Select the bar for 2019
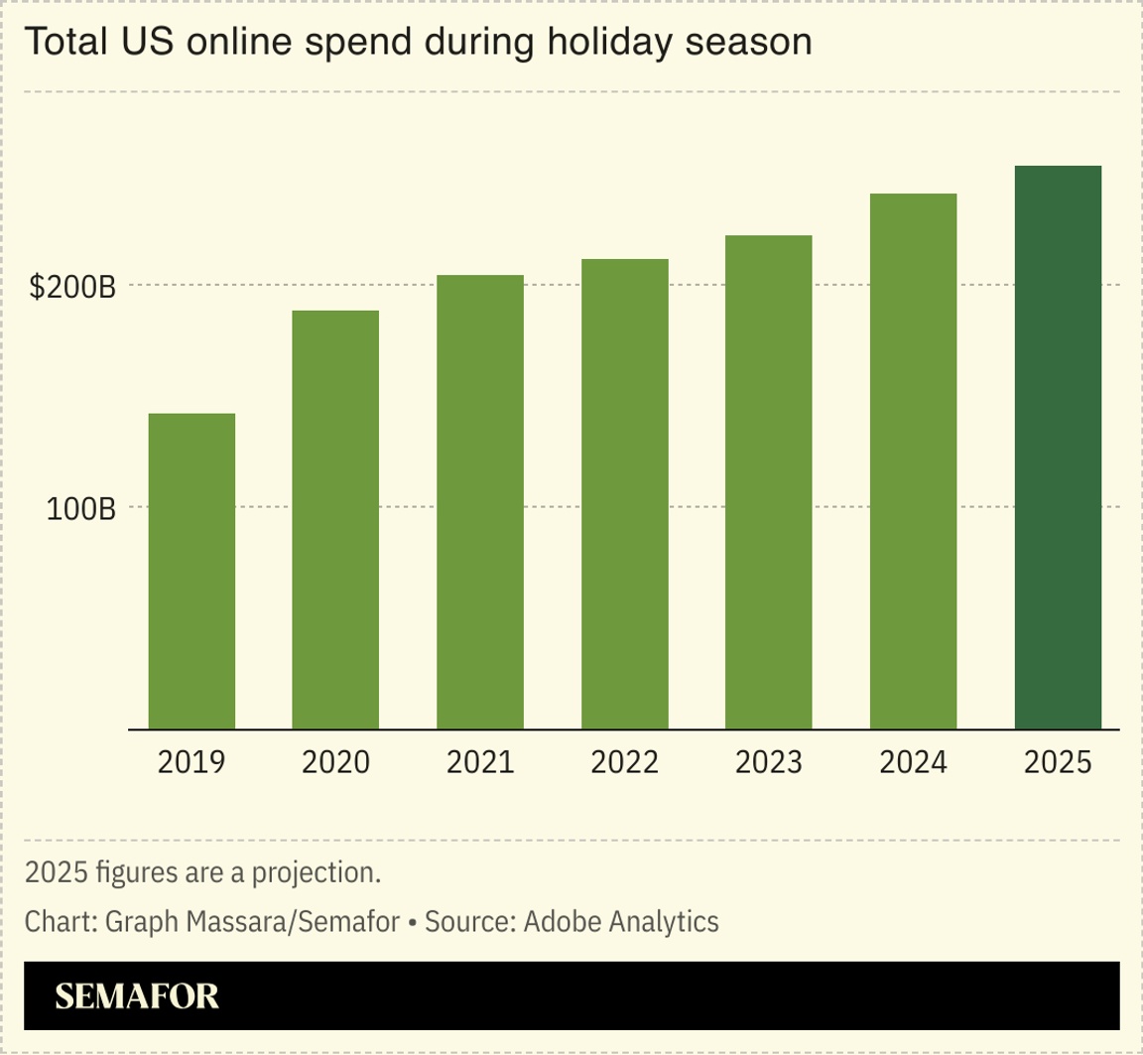click(x=191, y=571)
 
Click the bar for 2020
click(x=335, y=519)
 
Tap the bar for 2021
click(x=480, y=501)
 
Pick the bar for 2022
click(x=625, y=493)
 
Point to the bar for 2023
click(x=769, y=481)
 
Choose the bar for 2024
click(x=914, y=461)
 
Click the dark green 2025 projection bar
click(x=1058, y=447)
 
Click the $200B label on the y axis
click(x=72, y=287)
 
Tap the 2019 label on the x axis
click(x=191, y=762)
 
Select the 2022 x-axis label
click(x=625, y=762)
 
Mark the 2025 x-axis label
click(x=1058, y=762)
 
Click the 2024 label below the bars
click(x=914, y=762)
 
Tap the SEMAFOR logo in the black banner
click(x=137, y=996)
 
